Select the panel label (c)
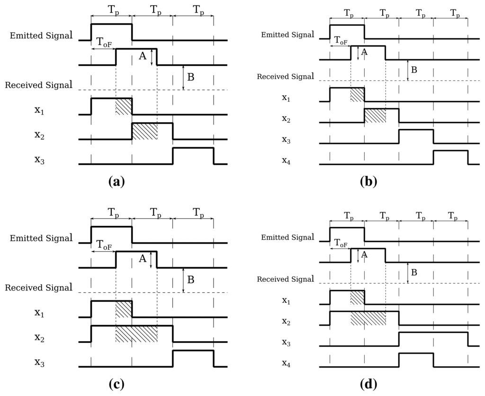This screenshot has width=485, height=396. (x=116, y=384)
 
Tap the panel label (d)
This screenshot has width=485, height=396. (x=368, y=384)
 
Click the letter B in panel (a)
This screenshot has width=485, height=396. (x=190, y=77)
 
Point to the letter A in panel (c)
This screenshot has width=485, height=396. (x=142, y=259)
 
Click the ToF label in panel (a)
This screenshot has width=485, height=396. (x=104, y=42)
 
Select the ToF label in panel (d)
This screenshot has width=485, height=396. (x=341, y=243)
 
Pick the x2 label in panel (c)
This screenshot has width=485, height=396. (x=40, y=337)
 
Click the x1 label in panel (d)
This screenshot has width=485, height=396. (x=286, y=300)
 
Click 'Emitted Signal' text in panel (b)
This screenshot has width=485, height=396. (x=287, y=35)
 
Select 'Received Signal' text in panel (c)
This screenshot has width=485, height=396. (x=39, y=288)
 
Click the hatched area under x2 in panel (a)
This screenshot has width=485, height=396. (x=144, y=131)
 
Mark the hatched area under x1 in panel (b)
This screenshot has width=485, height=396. (x=357, y=94)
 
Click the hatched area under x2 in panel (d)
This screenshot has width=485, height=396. (x=368, y=318)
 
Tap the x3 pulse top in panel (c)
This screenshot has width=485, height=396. (x=193, y=351)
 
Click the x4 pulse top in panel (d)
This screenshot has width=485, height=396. (x=416, y=353)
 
